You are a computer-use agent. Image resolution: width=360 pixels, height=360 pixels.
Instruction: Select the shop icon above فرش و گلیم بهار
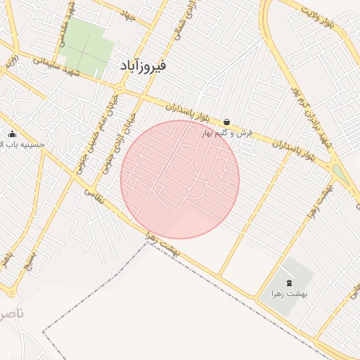click(226, 122)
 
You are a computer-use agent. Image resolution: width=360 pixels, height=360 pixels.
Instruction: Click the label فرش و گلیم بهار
click(226, 134)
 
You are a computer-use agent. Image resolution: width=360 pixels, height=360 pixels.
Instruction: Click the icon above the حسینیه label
click(11, 134)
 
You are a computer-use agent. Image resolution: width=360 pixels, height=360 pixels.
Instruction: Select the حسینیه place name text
click(22, 145)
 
